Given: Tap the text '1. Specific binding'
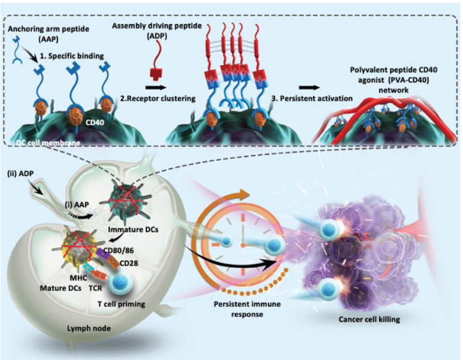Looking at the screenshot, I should coord(73,56).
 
